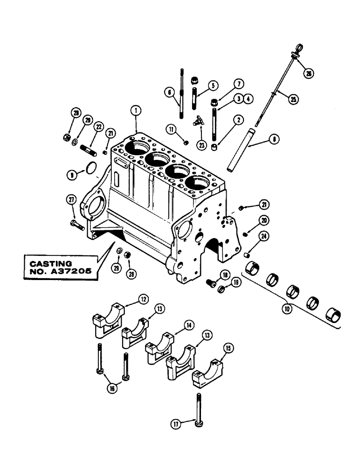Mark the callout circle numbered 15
229,348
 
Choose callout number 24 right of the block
264,236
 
